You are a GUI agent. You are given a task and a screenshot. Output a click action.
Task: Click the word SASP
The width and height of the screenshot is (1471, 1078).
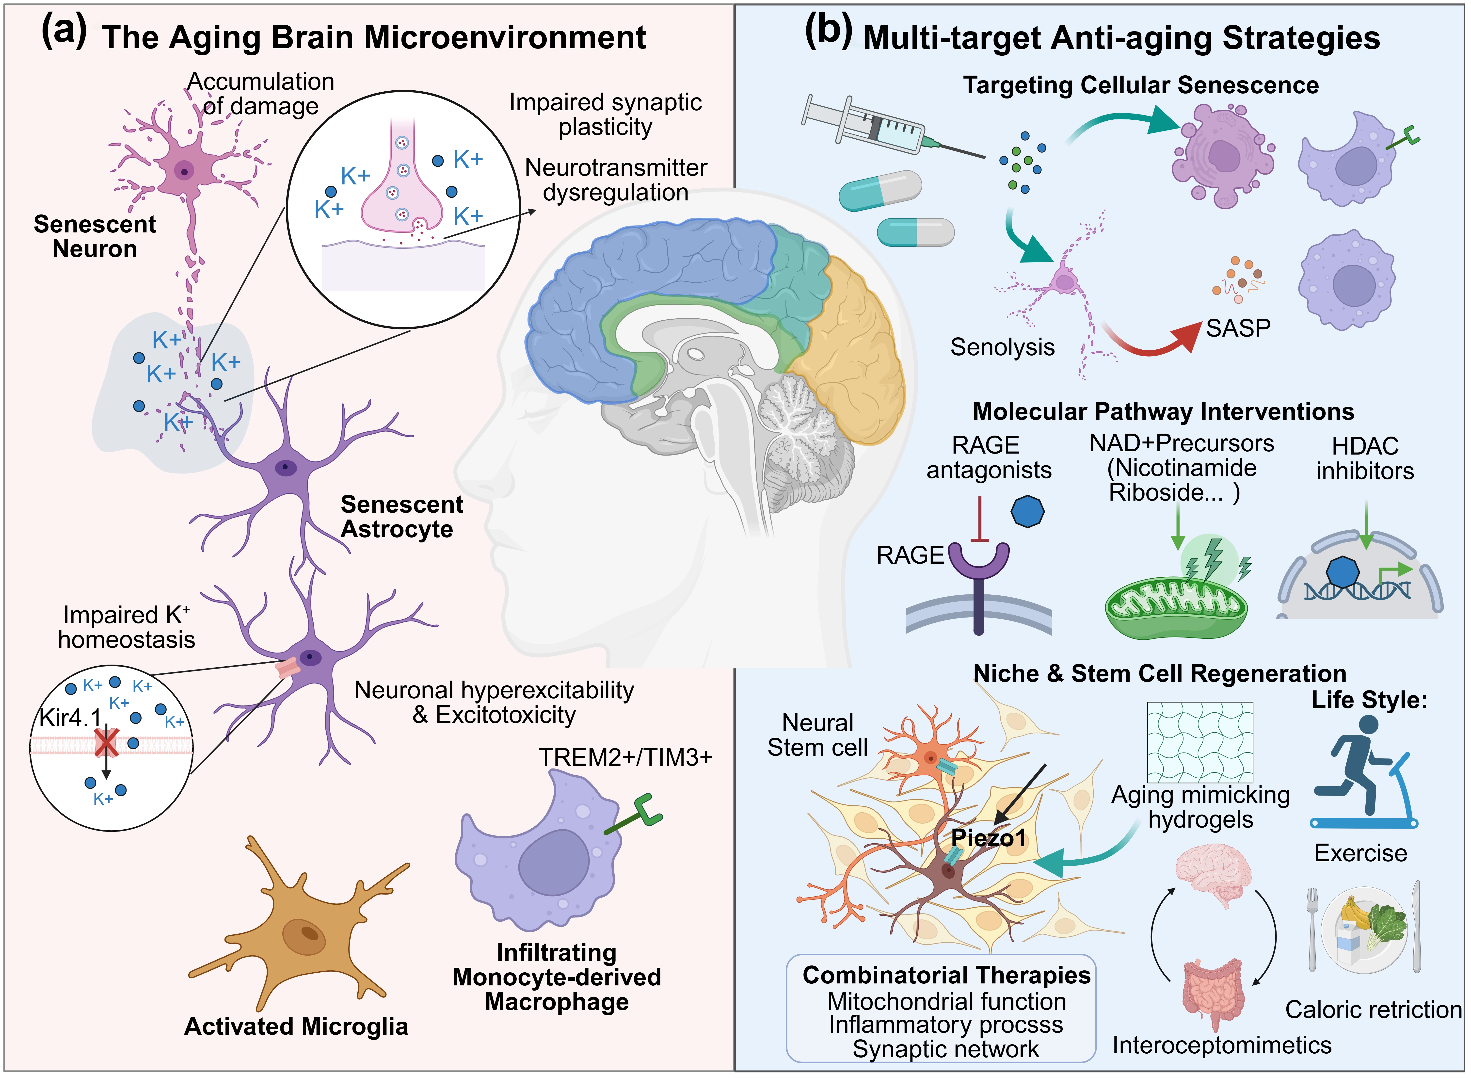tap(1237, 328)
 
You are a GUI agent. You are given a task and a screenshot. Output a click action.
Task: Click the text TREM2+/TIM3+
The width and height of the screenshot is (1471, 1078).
tap(625, 757)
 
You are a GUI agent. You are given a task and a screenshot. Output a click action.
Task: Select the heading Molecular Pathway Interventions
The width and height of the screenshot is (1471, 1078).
tap(1163, 412)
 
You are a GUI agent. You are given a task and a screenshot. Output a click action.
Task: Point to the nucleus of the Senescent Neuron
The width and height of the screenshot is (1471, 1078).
tap(185, 172)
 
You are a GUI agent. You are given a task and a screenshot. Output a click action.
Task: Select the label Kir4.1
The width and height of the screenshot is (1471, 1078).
tap(70, 718)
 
